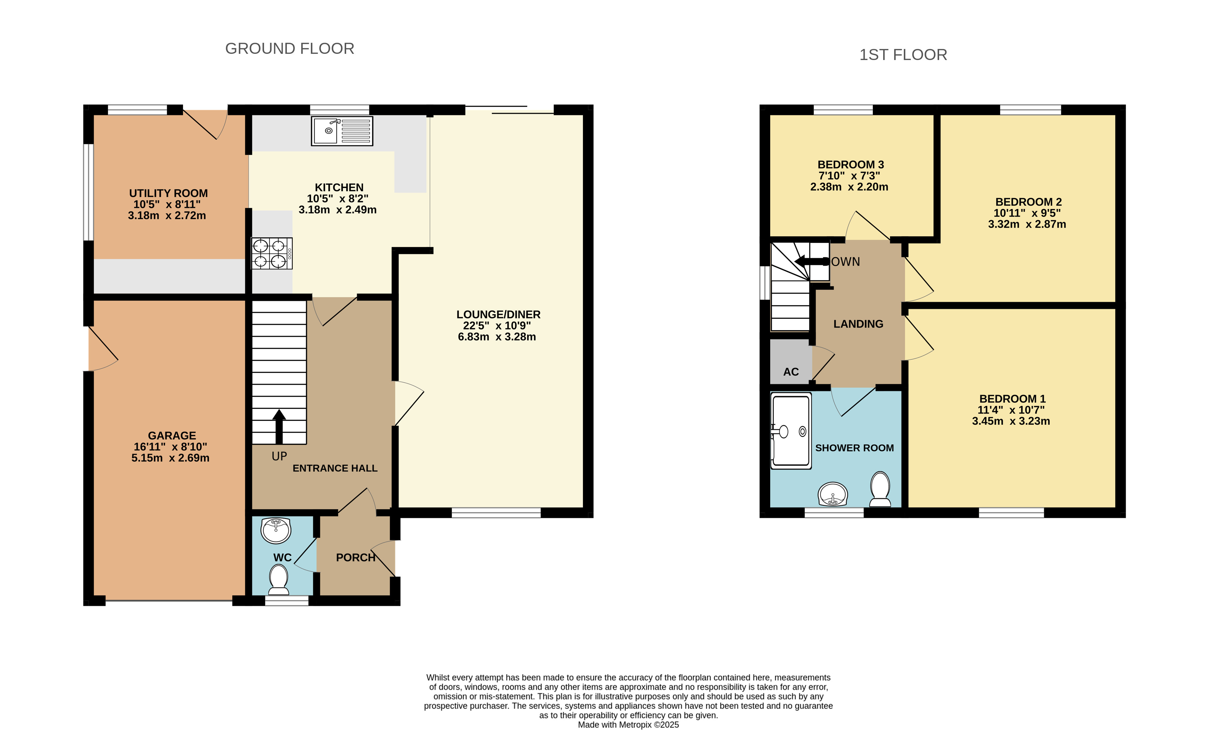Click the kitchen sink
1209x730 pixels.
(342, 131)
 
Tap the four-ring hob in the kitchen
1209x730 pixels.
(272, 253)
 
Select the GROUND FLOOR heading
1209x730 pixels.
(290, 49)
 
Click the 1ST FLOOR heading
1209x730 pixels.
(903, 55)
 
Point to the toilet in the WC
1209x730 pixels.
(279, 579)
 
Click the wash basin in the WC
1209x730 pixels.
(276, 531)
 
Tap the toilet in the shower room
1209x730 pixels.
(880, 489)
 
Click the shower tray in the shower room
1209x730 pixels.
(791, 431)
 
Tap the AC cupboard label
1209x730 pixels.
(791, 372)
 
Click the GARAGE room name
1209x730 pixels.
(172, 435)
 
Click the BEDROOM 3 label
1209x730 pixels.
(851, 165)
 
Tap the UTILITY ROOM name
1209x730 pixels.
(168, 194)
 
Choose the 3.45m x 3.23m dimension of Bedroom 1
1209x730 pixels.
(1011, 421)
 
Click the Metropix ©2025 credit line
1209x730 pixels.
(628, 724)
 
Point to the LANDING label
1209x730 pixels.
(858, 324)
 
